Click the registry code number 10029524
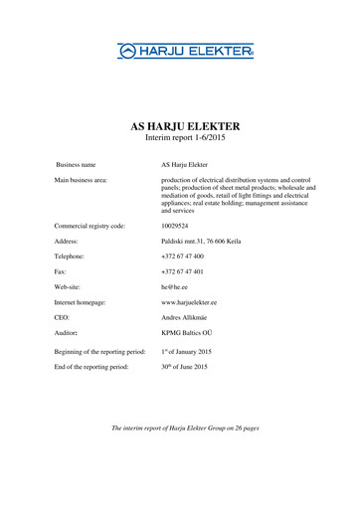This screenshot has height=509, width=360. pos(179,227)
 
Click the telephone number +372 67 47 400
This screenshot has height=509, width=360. pos(184,256)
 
